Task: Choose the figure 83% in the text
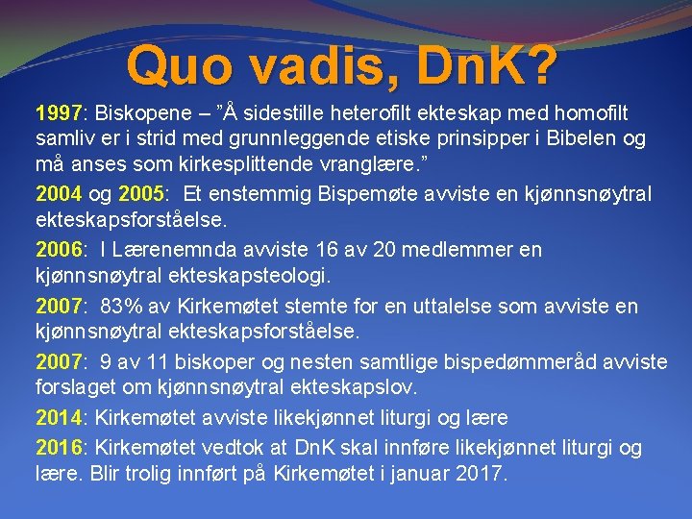(119, 307)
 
